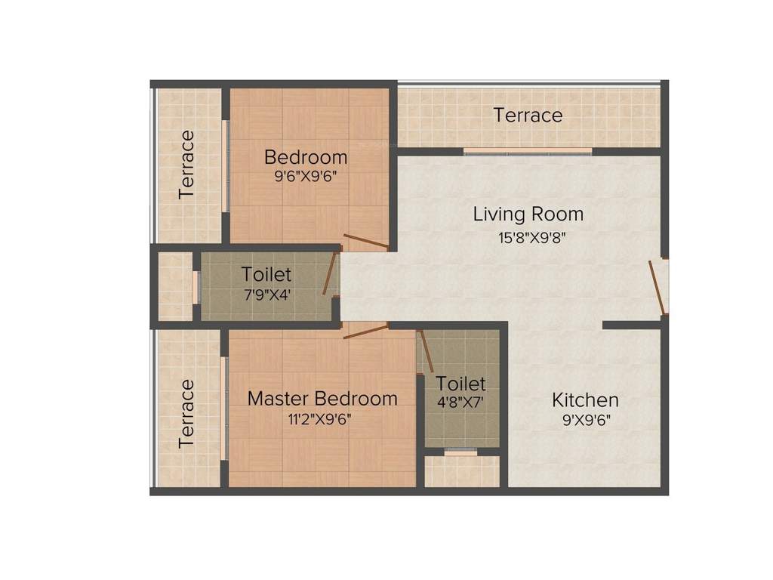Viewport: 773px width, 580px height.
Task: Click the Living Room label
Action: (x=528, y=214)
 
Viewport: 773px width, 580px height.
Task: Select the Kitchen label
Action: (x=585, y=400)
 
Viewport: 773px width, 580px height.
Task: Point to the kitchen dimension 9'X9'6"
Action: (x=585, y=421)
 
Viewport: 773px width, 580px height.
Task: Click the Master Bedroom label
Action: (x=322, y=398)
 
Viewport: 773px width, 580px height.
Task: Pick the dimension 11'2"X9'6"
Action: (x=319, y=420)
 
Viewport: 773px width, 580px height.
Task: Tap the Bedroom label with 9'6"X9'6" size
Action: (x=306, y=157)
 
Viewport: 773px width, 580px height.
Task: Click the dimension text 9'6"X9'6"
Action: (x=306, y=178)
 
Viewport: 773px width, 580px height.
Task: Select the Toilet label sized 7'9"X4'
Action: (x=266, y=274)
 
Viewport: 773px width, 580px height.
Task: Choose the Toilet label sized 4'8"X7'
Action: (x=460, y=384)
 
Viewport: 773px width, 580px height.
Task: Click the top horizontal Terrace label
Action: (x=528, y=115)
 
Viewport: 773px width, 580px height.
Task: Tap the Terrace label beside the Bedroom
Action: (x=186, y=165)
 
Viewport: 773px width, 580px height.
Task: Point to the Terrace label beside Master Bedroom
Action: (x=186, y=414)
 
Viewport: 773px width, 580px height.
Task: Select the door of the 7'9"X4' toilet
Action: (x=330, y=273)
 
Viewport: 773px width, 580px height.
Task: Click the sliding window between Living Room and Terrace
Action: (x=528, y=152)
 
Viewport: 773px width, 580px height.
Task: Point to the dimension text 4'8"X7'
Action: (x=460, y=403)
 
